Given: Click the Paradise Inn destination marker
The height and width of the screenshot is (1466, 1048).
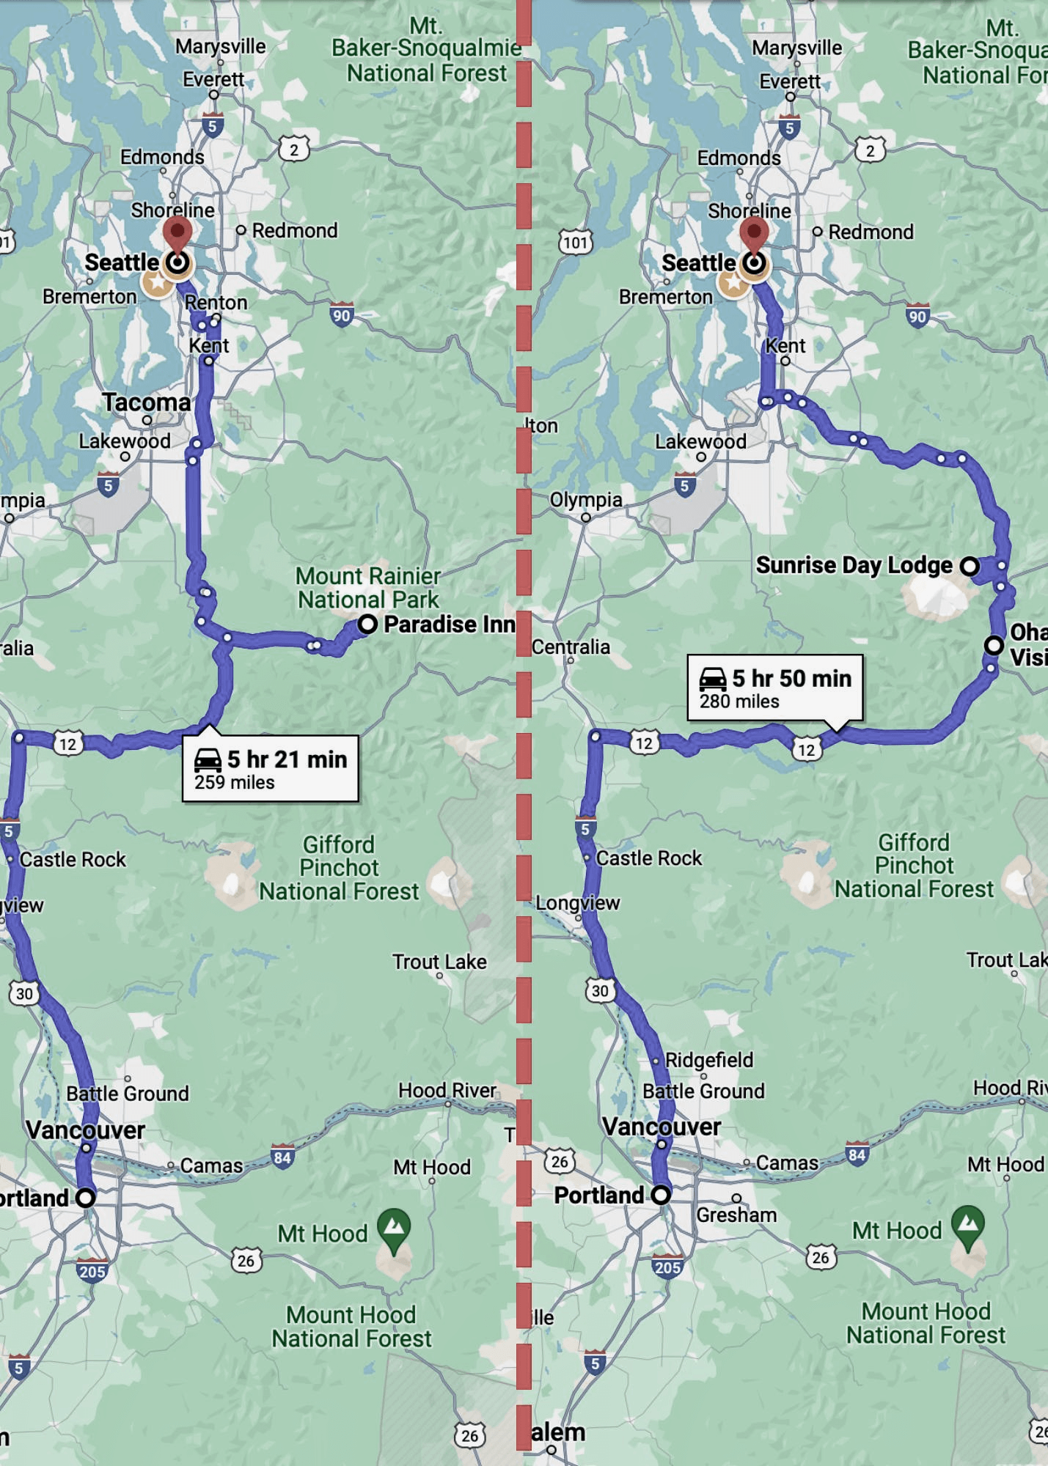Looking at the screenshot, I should tap(367, 625).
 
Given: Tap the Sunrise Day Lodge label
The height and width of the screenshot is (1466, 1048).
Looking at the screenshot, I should tap(854, 565).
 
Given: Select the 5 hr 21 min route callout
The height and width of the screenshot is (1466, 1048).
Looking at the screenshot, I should tap(271, 768).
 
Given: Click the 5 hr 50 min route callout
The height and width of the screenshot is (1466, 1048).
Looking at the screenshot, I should tap(775, 688).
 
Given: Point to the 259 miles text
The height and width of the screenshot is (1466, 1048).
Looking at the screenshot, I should tap(235, 782).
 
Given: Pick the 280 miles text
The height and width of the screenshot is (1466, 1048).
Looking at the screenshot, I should tap(739, 701).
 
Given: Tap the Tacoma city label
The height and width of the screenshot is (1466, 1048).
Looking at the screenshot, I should tap(146, 402).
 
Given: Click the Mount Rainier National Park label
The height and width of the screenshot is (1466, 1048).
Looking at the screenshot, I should tap(368, 588).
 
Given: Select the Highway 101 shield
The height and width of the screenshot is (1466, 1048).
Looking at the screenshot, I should tap(576, 243).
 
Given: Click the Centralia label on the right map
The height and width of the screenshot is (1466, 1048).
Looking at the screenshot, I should tap(571, 647).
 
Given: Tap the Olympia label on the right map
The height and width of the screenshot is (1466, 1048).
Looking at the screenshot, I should tap(586, 500).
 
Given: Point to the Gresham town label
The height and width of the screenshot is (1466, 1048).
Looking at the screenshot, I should tap(736, 1215).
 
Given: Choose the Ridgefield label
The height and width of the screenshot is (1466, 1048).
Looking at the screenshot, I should tap(708, 1060).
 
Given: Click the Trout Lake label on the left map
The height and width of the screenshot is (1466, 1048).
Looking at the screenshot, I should tap(439, 962).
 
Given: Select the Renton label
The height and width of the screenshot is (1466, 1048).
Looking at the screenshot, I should tap(216, 302).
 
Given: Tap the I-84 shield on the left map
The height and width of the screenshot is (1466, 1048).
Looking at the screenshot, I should tap(282, 1157).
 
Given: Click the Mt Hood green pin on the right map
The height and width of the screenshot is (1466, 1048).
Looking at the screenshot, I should tap(968, 1225).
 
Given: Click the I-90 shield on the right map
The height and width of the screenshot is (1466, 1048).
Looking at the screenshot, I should tap(917, 315).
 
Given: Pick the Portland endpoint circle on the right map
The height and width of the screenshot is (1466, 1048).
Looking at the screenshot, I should tap(661, 1195).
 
